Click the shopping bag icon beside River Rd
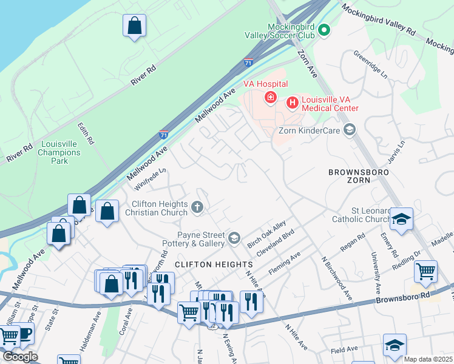click(134, 26)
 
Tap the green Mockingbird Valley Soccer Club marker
click(324, 30)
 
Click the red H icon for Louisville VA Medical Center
click(292, 103)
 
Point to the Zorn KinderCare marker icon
click(349, 129)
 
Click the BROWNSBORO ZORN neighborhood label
click(357, 177)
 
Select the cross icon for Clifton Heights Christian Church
click(197, 208)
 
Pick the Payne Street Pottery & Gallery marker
click(234, 239)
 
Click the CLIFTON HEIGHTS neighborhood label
click(213, 265)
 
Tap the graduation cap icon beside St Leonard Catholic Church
click(401, 219)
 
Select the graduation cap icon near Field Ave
click(395, 345)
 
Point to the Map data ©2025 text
click(428, 359)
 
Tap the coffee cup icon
click(24, 334)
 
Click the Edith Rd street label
click(86, 133)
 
